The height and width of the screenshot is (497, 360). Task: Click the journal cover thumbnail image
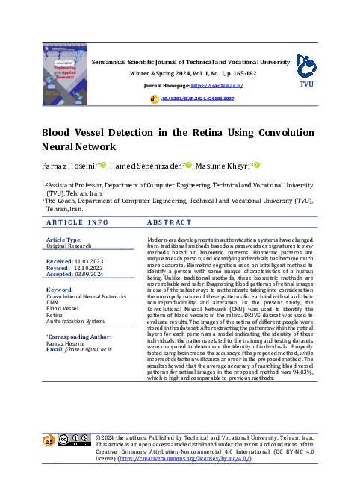click(x=66, y=72)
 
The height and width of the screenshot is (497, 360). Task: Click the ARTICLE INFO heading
click(x=77, y=222)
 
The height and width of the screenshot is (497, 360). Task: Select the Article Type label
click(x=64, y=239)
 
